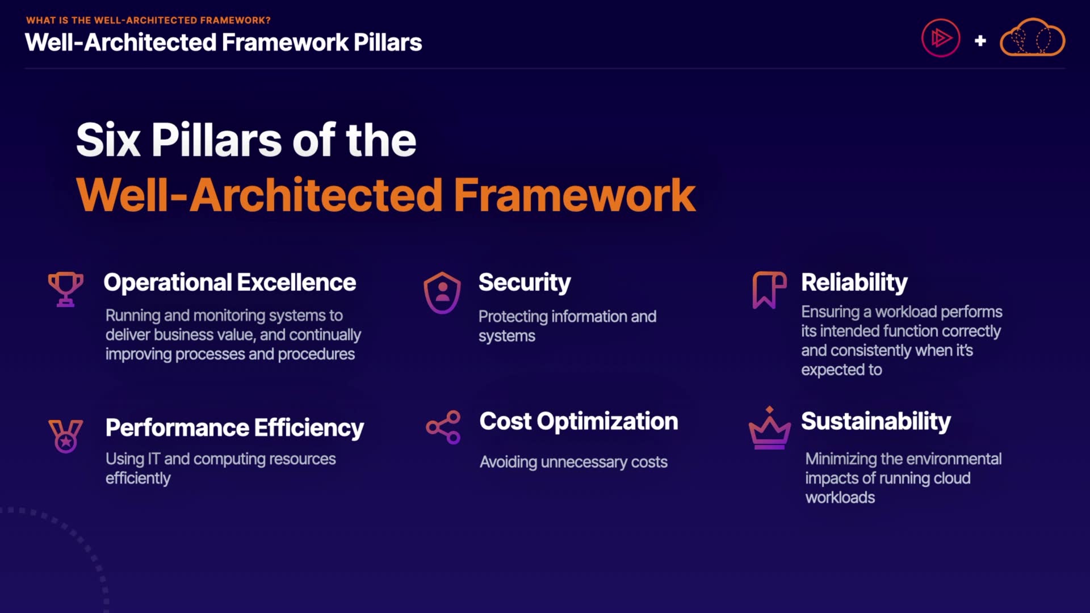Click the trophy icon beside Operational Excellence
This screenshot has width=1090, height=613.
(66, 289)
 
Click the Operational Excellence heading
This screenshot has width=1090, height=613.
(230, 282)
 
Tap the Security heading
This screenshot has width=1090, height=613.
(525, 283)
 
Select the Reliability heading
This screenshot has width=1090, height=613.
(854, 283)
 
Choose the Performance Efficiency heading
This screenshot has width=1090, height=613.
(234, 428)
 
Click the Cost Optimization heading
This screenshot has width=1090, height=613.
(578, 422)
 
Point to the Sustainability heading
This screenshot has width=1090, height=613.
(876, 422)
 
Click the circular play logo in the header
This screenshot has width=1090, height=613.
(941, 38)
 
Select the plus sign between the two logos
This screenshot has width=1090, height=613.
(980, 41)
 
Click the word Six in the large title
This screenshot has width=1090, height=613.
(108, 140)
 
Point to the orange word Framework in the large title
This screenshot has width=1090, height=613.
(575, 195)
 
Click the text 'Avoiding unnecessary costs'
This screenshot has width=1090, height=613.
(573, 462)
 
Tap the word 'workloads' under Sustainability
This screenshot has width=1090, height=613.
(840, 497)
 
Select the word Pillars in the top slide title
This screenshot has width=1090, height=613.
(388, 43)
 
